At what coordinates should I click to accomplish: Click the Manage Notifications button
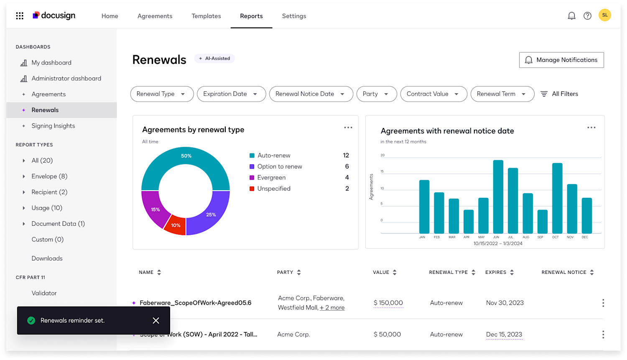point(561,60)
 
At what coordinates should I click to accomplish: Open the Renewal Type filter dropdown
point(162,94)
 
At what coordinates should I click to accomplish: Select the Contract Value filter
point(432,94)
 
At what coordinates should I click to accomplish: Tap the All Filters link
point(559,94)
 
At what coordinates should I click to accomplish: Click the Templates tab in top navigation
point(206,16)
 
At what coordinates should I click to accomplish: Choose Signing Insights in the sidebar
point(53,126)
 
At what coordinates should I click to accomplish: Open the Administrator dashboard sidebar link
point(66,79)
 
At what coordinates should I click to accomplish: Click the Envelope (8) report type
point(49,176)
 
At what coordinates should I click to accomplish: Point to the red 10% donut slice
point(176,225)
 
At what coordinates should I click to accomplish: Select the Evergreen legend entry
point(271,178)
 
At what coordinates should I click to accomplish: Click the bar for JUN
point(498,197)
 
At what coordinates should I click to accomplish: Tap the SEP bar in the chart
point(542,221)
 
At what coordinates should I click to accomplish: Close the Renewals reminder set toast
point(156,321)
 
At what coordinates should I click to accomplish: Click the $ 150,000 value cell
point(388,303)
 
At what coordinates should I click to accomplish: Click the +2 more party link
point(332,308)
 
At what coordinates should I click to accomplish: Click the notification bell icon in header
point(571,16)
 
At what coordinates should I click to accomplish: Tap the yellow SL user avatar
point(604,15)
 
